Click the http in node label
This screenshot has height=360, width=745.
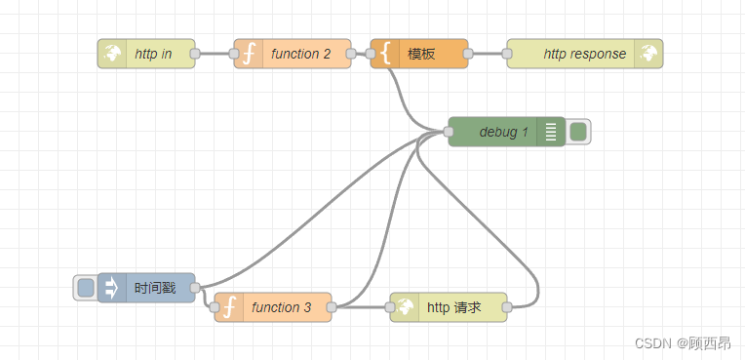(153, 54)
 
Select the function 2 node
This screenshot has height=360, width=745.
(300, 54)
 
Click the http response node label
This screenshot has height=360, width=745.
(584, 54)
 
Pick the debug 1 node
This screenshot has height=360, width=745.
(503, 132)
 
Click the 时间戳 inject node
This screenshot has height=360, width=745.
(156, 288)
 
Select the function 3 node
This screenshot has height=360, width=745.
(281, 307)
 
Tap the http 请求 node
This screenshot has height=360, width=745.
(453, 307)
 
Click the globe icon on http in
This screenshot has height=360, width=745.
(112, 54)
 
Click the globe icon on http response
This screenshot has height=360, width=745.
(648, 54)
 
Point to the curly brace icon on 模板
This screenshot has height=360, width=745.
(385, 54)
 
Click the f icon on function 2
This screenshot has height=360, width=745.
(249, 54)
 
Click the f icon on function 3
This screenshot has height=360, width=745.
(229, 307)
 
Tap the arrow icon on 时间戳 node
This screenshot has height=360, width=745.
(112, 288)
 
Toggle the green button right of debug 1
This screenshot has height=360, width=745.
(578, 132)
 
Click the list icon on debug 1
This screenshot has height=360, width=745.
(551, 132)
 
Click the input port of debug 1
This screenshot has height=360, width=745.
(449, 132)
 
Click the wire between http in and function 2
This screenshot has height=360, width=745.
(215, 54)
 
